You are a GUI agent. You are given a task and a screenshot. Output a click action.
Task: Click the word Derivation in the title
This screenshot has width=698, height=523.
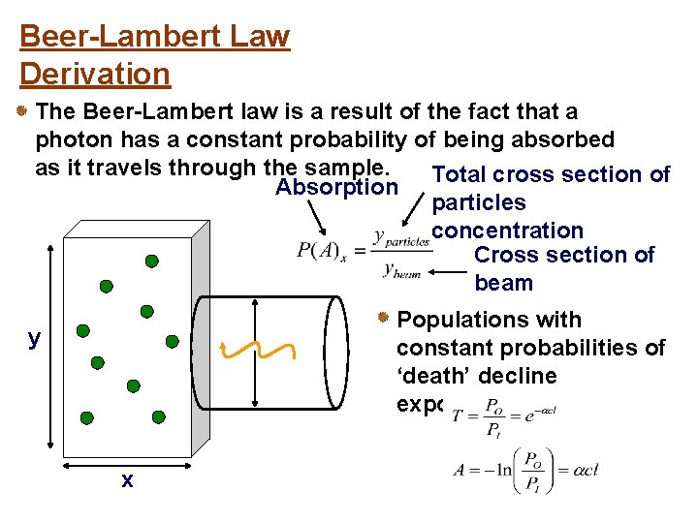coord(95,74)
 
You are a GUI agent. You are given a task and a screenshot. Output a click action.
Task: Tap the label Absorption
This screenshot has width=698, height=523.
coord(336,188)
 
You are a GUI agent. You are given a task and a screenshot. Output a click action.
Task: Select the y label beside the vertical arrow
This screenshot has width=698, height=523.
coord(35,337)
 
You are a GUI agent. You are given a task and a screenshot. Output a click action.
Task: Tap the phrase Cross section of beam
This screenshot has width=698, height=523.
coord(564,268)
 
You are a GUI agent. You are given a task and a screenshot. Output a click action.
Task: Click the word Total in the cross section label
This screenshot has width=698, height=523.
coord(459,175)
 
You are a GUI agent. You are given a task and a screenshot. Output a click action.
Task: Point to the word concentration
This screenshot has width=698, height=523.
coord(508,231)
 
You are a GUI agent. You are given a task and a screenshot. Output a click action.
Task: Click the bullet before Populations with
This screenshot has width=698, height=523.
coord(384,318)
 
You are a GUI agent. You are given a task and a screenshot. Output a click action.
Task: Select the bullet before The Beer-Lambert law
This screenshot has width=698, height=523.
coord(21,112)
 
